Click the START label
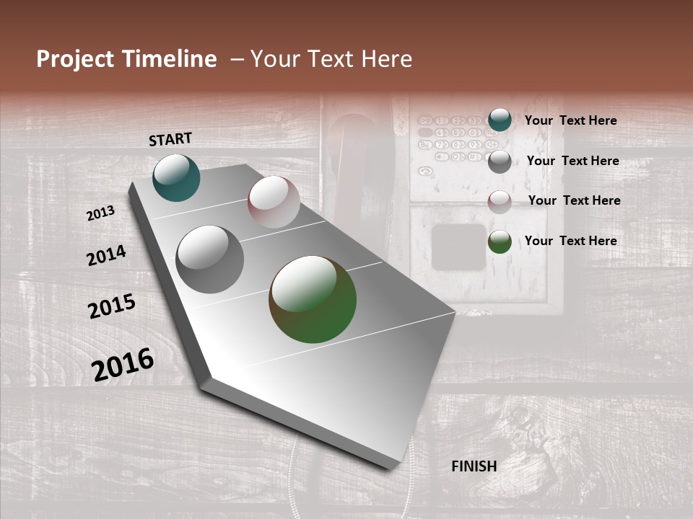(x=170, y=139)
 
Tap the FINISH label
(x=474, y=466)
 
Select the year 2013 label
(x=101, y=213)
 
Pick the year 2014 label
(x=106, y=256)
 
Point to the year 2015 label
(x=112, y=306)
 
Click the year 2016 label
(x=123, y=364)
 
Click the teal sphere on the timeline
(x=176, y=177)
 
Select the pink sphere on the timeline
(x=274, y=202)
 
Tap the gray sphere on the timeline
(x=210, y=259)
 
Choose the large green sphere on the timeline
(x=313, y=299)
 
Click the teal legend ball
(x=500, y=120)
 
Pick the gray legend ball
(x=500, y=161)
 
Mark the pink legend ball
(x=500, y=202)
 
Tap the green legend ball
(x=500, y=241)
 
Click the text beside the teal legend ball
(x=570, y=120)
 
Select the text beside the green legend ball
(x=570, y=241)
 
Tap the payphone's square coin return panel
(x=458, y=247)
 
